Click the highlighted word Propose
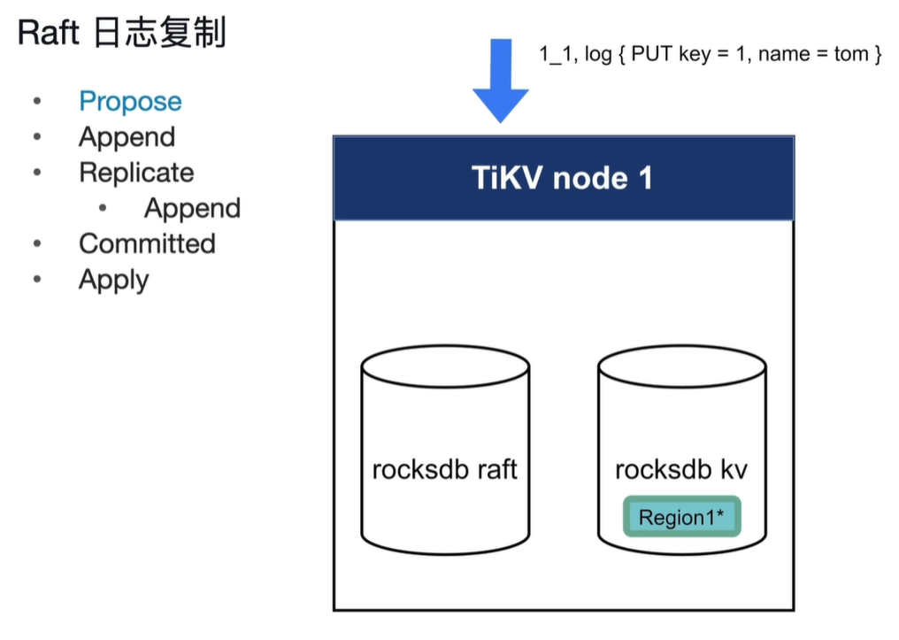(130, 102)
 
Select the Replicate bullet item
(136, 173)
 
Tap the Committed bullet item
(147, 243)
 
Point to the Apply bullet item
(114, 280)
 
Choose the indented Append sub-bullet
(192, 208)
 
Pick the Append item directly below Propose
(127, 137)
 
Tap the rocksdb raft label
(444, 468)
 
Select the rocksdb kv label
(681, 468)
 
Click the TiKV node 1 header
(563, 178)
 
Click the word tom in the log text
(850, 54)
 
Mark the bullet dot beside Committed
(37, 243)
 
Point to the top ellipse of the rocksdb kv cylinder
(681, 366)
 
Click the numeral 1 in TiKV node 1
(644, 178)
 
